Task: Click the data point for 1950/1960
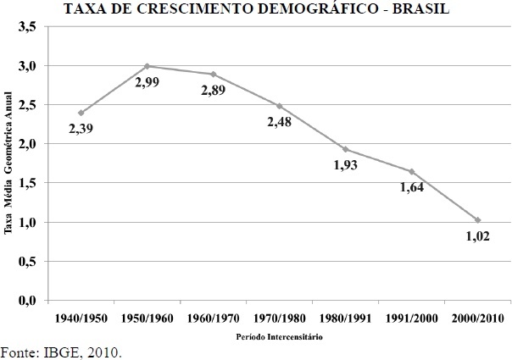coord(147,66)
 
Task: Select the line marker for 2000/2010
coord(478,220)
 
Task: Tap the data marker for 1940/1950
coord(81,113)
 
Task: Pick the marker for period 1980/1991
coord(345,149)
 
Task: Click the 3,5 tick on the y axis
coord(27,27)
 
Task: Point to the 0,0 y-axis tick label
coord(27,301)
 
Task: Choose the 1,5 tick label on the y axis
coord(27,183)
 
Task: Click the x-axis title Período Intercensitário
coord(279,336)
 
